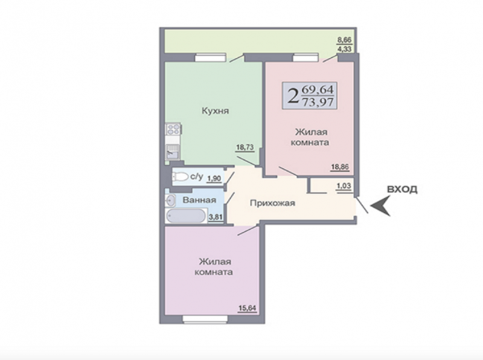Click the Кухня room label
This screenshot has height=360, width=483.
point(216,111)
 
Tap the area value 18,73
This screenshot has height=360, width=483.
point(245,147)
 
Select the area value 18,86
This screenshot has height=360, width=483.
point(340,167)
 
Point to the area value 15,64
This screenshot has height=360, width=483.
point(248,308)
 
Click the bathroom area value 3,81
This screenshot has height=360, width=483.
point(216,217)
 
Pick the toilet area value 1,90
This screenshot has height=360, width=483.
point(214,178)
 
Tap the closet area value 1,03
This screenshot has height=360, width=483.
point(344,186)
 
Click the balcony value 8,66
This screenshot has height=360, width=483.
point(344,40)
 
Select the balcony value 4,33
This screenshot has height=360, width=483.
point(344,49)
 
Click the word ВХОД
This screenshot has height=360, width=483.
point(402,189)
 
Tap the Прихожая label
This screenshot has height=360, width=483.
point(272,203)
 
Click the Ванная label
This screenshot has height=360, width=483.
point(199,200)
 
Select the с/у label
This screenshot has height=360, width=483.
point(197,176)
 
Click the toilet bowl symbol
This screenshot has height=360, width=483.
point(181,176)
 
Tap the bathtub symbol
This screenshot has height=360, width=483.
point(186,216)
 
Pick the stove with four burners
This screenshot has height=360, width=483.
point(173,129)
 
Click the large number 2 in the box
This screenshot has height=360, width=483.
point(293,95)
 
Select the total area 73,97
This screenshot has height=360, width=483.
point(318,101)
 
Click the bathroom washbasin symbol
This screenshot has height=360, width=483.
point(170,201)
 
